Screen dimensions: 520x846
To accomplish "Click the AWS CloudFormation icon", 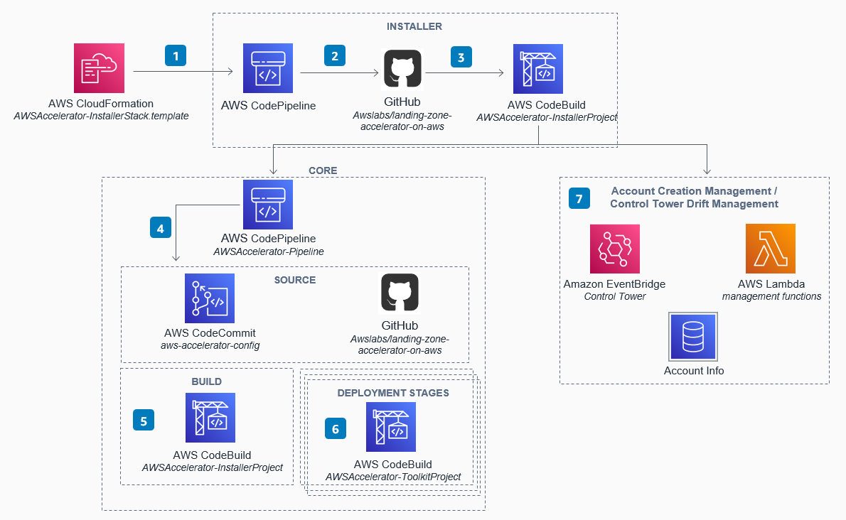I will (x=100, y=68).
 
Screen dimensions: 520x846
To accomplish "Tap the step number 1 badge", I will (x=176, y=56).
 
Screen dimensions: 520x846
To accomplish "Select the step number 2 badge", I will (x=334, y=56).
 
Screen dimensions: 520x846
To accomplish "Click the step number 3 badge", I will (x=461, y=56).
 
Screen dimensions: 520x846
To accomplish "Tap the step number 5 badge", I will (x=144, y=421).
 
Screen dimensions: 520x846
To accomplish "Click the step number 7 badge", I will (x=579, y=198).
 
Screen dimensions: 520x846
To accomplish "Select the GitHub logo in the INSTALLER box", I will (x=402, y=69).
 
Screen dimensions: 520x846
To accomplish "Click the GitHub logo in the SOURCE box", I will (x=400, y=293).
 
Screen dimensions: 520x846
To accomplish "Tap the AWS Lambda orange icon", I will (x=771, y=249).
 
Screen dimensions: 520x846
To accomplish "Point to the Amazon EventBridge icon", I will (x=615, y=249).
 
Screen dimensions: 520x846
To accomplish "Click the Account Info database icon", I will (x=693, y=336).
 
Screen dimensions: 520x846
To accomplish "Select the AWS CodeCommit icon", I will (x=210, y=298).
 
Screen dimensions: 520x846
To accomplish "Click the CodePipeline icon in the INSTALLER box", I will (x=267, y=68).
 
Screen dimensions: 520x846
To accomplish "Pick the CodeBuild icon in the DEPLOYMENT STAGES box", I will (x=391, y=427).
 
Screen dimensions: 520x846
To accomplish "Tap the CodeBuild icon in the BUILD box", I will (x=210, y=418).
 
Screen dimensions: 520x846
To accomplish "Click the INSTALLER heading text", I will (x=414, y=26).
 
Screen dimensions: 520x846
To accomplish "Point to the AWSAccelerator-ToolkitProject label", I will (x=393, y=477).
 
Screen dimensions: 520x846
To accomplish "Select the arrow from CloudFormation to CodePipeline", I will (x=183, y=72).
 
